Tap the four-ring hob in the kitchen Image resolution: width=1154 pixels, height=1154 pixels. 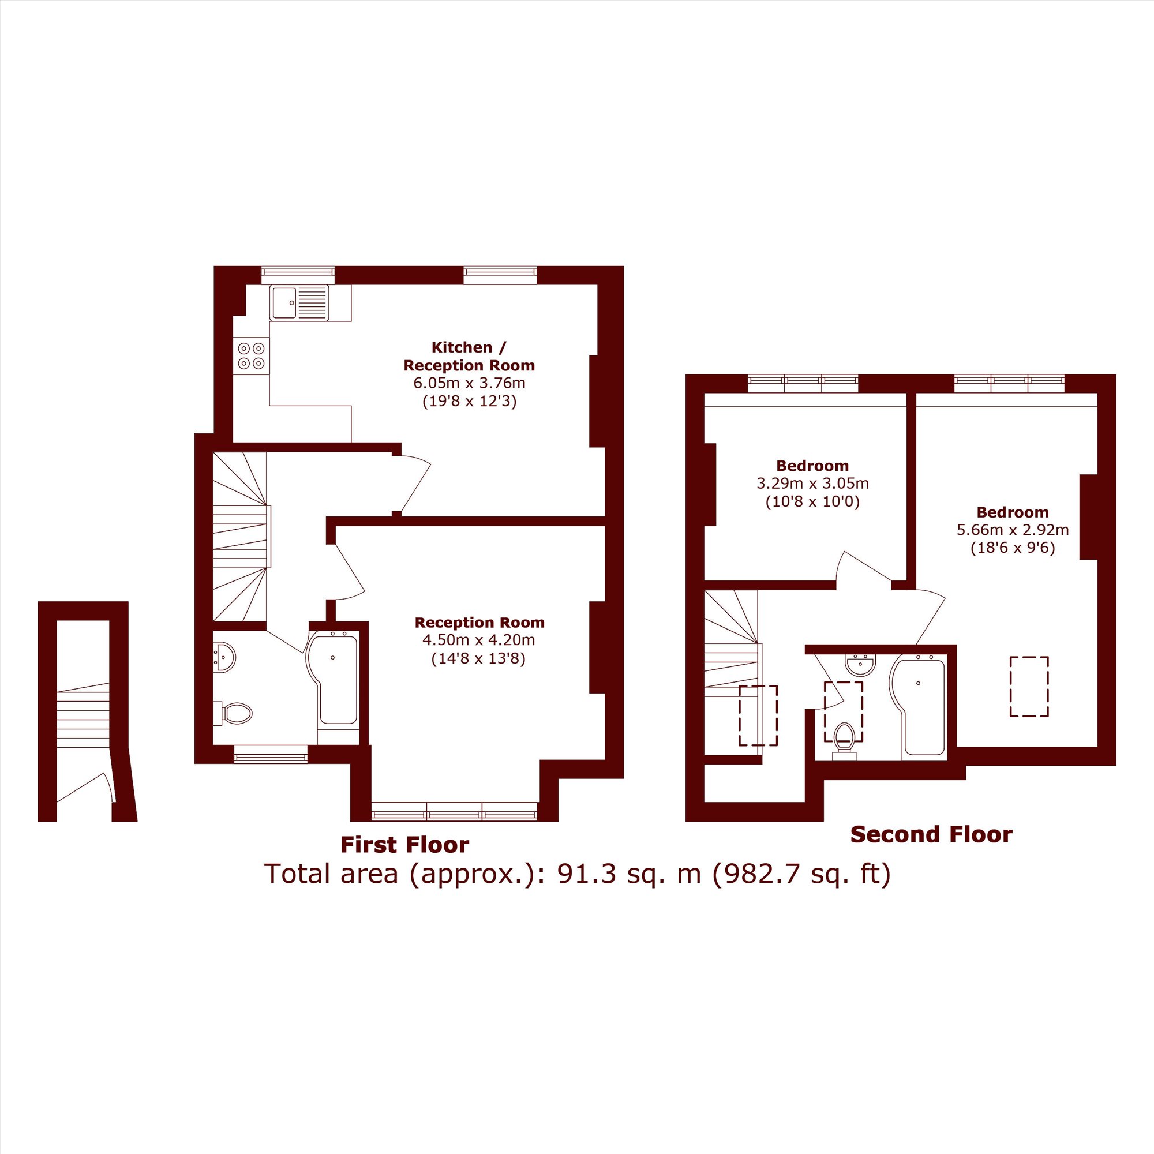pyautogui.click(x=252, y=355)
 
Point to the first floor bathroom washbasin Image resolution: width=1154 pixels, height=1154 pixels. pyautogui.click(x=224, y=657)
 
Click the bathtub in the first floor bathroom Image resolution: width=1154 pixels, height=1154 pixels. pyautogui.click(x=332, y=681)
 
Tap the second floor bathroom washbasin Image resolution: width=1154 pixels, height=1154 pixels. pyautogui.click(x=861, y=665)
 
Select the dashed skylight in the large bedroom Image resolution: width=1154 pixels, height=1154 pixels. pyautogui.click(x=1029, y=686)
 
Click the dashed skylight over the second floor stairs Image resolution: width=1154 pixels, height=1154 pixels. pyautogui.click(x=759, y=715)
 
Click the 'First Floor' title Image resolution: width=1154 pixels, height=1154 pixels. pyautogui.click(x=405, y=845)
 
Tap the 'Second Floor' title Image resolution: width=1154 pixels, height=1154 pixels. pyautogui.click(x=931, y=834)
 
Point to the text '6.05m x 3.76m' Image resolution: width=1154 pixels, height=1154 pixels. pyautogui.click(x=470, y=383)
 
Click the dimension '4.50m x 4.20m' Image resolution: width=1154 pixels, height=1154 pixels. pyautogui.click(x=479, y=640)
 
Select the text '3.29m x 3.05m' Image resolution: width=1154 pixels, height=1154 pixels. pyautogui.click(x=813, y=483)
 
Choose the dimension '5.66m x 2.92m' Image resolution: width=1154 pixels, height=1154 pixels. pyautogui.click(x=1013, y=530)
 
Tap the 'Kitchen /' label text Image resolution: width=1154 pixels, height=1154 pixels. pyautogui.click(x=470, y=347)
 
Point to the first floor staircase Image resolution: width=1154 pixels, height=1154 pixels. pyautogui.click(x=239, y=537)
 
